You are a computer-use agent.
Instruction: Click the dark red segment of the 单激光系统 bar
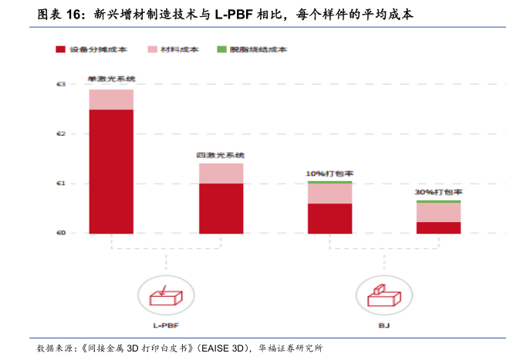[110, 170]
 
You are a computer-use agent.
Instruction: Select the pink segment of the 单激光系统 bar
[110, 99]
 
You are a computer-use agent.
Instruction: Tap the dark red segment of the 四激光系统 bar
[221, 207]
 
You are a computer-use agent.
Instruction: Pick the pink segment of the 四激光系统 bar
[221, 173]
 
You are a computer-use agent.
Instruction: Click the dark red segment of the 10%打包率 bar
[329, 217]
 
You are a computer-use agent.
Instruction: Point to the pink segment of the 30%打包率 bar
[438, 212]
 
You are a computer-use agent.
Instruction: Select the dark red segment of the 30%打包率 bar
[438, 227]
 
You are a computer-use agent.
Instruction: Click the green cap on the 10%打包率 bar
[329, 182]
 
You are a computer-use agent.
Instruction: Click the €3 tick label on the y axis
[61, 84]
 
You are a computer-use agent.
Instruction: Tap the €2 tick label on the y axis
[61, 133]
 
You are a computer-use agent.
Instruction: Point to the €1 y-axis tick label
[61, 183]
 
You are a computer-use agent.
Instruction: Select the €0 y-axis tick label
[61, 233]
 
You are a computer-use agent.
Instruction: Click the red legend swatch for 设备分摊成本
[61, 49]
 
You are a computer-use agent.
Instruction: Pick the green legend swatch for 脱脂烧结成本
[221, 49]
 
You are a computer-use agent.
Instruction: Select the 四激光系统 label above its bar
[220, 156]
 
